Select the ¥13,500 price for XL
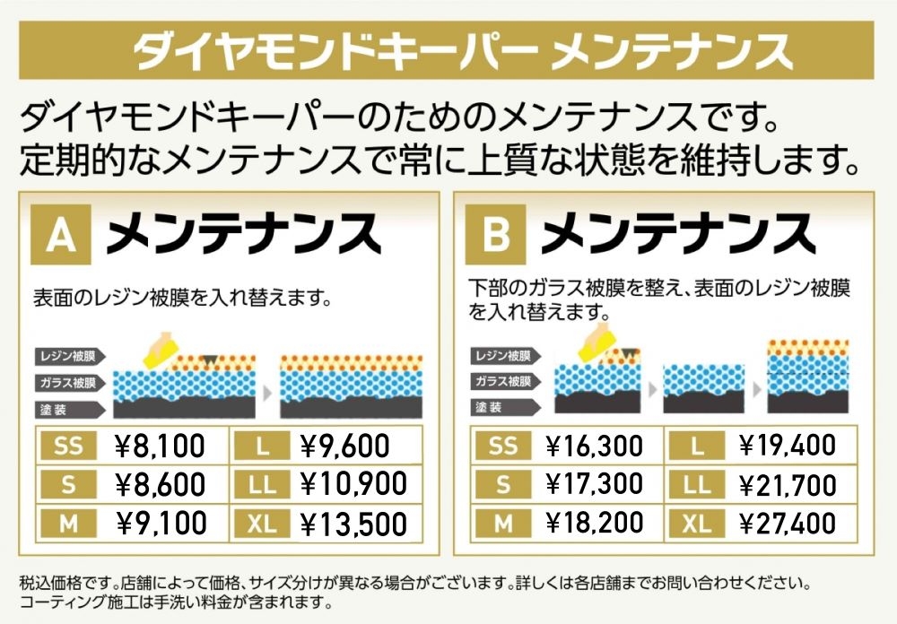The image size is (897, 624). pos(353,522)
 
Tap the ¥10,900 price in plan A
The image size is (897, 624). pos(353,483)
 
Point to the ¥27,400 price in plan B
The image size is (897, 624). pos(787,522)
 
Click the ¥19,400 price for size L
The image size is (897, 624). pos(787,445)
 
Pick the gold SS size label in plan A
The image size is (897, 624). pos(69,445)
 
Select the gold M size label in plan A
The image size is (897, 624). pos(69,522)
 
